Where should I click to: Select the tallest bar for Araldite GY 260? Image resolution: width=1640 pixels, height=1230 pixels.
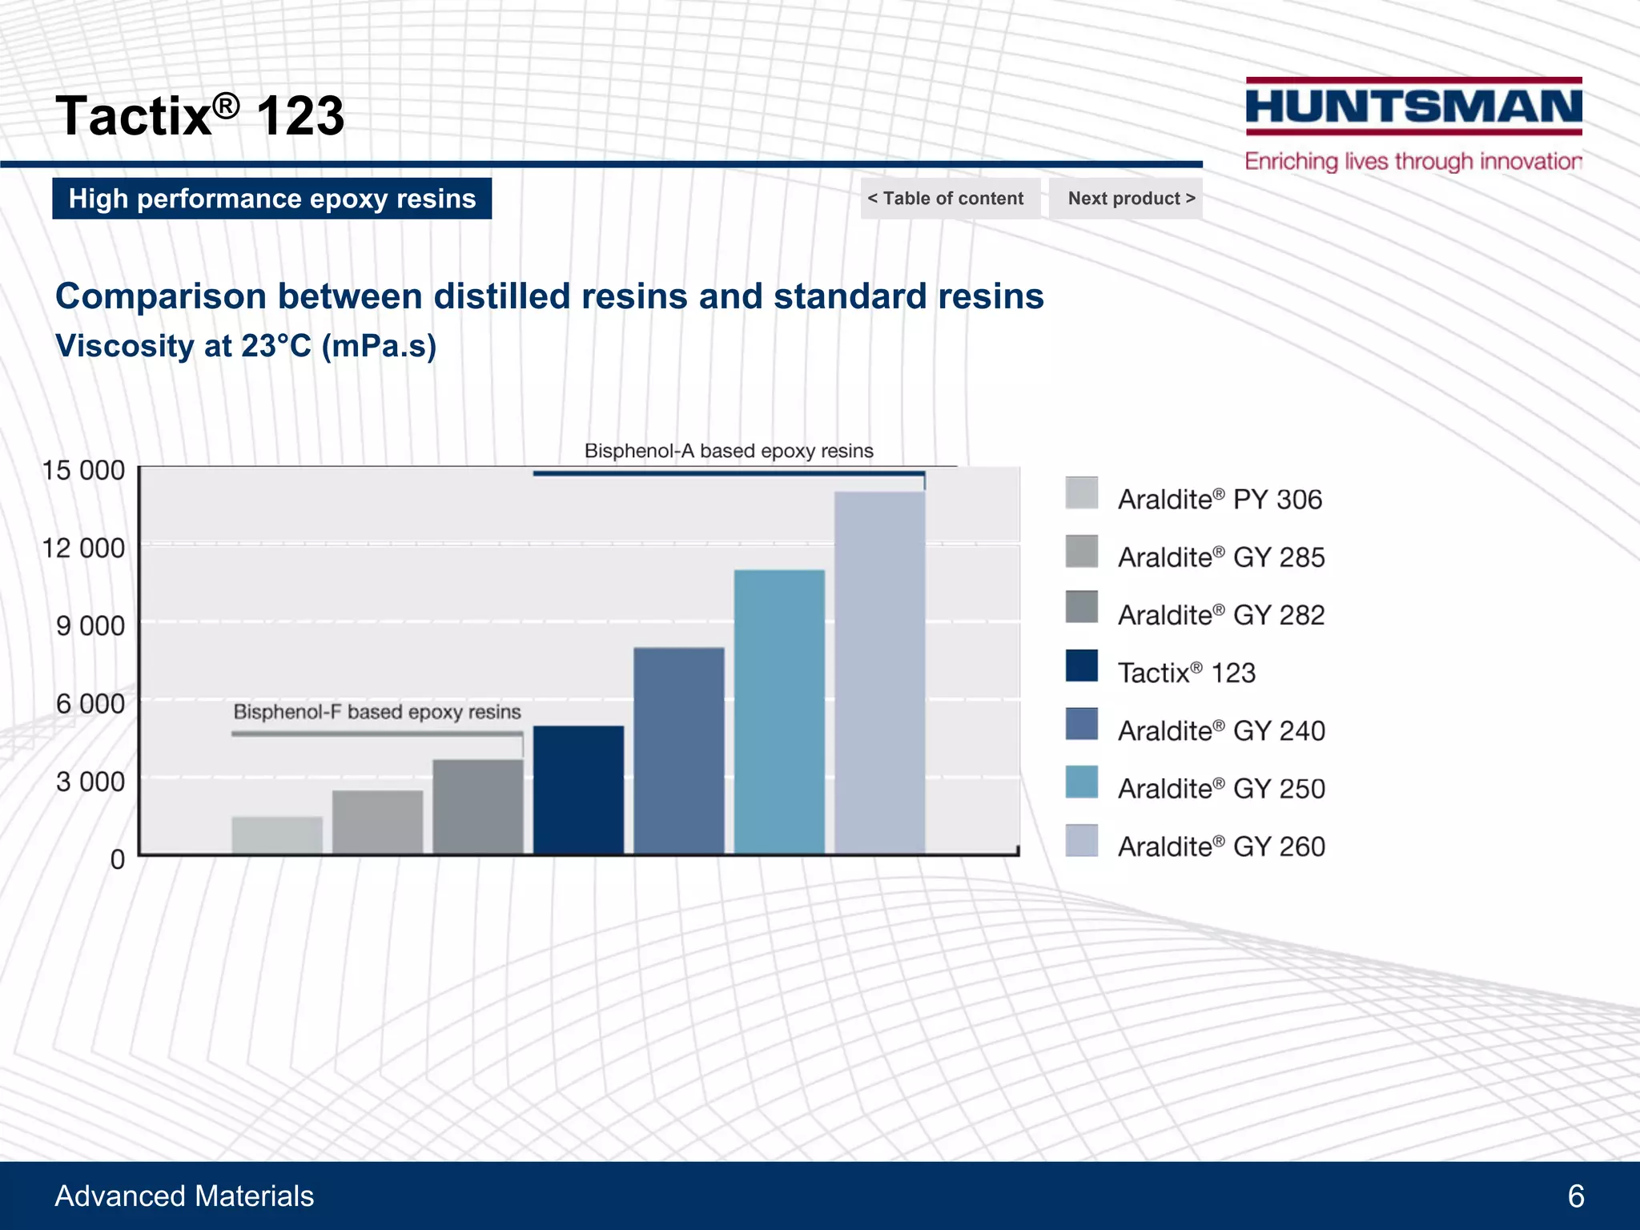879,673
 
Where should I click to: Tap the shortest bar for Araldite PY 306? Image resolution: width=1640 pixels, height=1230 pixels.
277,835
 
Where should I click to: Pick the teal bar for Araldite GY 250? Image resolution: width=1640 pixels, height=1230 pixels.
779,711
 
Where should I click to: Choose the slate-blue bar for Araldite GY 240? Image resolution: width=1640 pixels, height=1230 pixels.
679,750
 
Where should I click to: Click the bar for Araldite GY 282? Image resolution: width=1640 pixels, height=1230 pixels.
478,806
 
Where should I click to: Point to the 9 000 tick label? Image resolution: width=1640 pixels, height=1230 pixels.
90,625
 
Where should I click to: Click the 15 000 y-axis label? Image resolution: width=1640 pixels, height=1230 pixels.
83,470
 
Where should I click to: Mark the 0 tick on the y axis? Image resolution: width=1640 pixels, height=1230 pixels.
117,859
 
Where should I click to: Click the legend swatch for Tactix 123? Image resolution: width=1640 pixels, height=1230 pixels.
1081,665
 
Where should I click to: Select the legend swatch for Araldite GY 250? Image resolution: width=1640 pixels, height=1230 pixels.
1081,782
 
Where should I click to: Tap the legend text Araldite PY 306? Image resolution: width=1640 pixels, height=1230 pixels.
1220,500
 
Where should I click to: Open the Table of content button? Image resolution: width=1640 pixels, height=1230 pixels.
946,199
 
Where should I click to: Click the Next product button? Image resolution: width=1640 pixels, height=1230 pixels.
1131,199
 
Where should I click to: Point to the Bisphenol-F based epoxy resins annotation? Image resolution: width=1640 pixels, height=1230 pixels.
377,712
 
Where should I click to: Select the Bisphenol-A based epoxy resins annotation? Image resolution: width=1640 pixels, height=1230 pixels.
729,451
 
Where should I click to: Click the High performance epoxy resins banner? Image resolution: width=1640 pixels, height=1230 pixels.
272,199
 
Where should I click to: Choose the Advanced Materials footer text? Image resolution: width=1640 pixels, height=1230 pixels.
184,1196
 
